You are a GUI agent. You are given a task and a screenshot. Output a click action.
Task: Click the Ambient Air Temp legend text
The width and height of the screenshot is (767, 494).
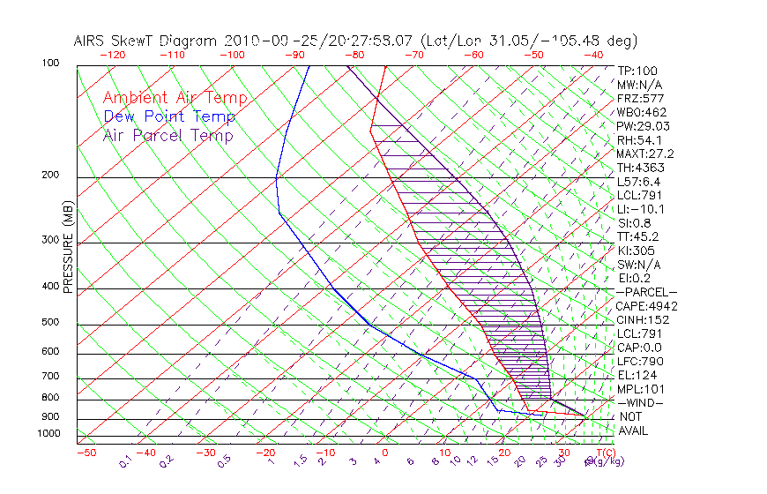[x=175, y=98]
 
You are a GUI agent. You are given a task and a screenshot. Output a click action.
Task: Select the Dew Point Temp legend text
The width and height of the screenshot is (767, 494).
[x=169, y=116]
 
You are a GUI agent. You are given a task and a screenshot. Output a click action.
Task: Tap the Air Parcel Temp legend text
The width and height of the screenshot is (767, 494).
[x=168, y=135]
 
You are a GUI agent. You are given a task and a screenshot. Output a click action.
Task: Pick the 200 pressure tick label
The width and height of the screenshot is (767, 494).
[x=49, y=175]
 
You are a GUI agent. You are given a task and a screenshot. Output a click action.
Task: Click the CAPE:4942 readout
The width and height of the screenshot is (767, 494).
[x=646, y=306]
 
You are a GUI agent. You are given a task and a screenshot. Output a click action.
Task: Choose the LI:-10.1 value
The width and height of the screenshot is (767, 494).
[x=641, y=209]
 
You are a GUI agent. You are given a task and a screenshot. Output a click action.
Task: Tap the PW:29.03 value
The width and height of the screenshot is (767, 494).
[x=644, y=126]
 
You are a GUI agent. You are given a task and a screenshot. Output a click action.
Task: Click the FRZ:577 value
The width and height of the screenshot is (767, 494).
[x=641, y=98]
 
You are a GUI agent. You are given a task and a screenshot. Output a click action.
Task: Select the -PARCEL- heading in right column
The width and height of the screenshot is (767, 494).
[x=646, y=292]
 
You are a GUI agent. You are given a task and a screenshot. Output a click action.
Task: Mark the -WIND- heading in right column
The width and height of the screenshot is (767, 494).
[x=641, y=403]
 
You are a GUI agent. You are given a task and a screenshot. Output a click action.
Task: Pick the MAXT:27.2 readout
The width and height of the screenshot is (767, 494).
[x=646, y=153]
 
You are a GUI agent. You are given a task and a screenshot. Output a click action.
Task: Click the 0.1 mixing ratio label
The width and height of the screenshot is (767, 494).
[x=126, y=460]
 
